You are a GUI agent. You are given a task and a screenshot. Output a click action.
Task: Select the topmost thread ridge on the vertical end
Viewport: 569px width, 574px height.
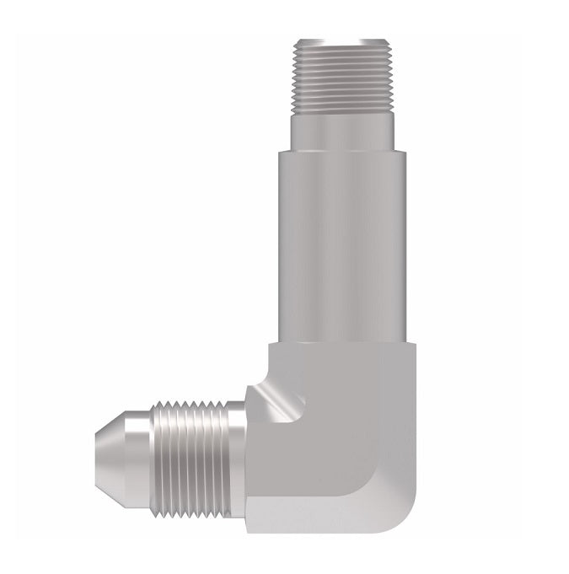(x=333, y=49)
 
